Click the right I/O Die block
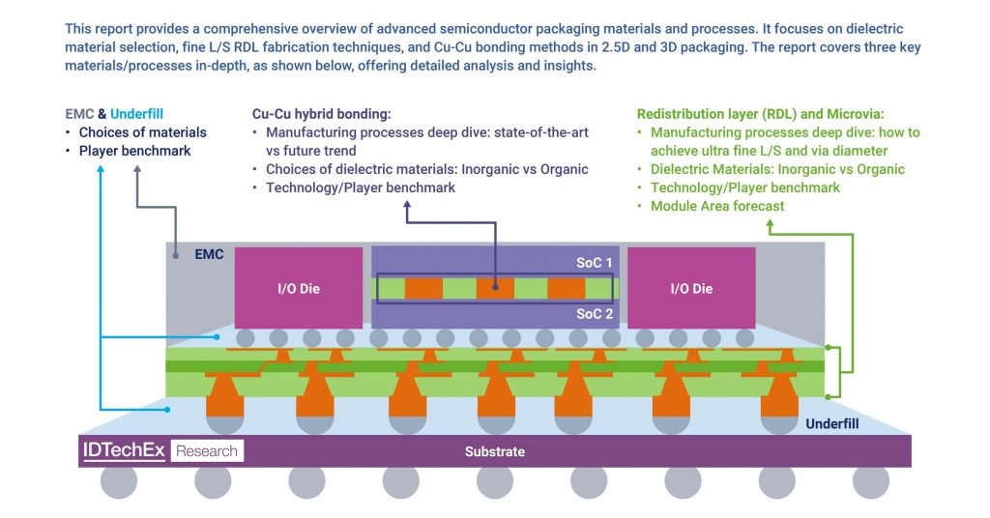[691, 288]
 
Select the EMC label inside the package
[209, 255]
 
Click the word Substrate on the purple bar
[494, 451]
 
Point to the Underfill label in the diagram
[832, 423]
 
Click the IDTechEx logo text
[124, 450]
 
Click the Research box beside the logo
[207, 450]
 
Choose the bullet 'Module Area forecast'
[717, 206]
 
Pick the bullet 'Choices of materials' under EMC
[142, 132]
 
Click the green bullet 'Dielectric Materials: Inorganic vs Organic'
[777, 169]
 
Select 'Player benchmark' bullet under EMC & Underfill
[134, 151]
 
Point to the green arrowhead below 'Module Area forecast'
[771, 225]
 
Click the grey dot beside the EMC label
[177, 255]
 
